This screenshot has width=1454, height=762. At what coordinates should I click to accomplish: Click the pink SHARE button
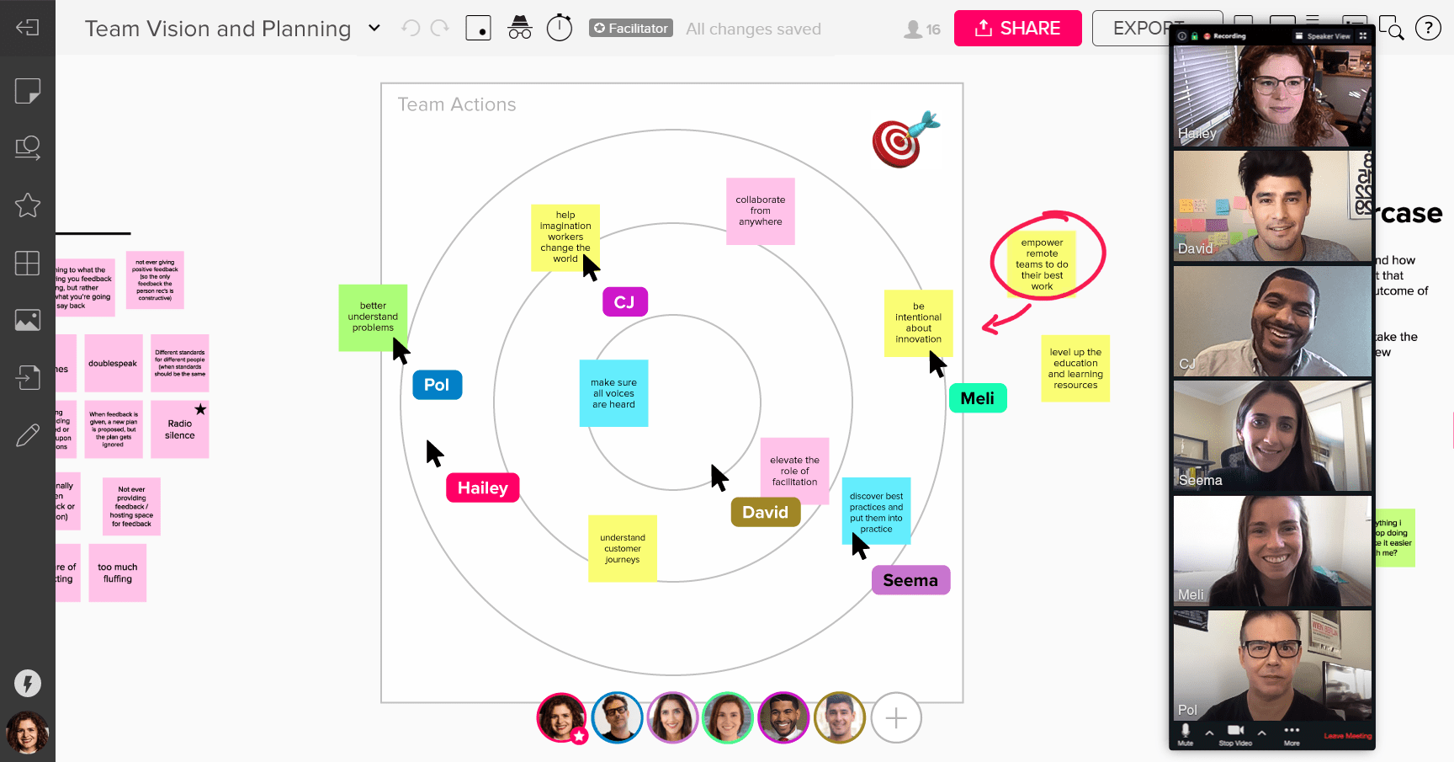point(1017,29)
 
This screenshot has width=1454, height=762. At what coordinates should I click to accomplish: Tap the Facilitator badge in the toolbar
point(630,29)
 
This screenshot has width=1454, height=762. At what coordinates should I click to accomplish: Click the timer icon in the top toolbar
point(560,28)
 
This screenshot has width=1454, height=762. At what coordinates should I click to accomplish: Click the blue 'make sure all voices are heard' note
point(613,393)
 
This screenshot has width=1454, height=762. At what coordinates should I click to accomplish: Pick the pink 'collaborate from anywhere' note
point(760,211)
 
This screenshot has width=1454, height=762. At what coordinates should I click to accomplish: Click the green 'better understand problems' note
point(373,317)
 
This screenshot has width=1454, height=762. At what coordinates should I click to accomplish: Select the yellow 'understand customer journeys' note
point(623,548)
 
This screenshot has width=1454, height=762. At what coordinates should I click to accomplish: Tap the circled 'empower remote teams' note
point(1042,264)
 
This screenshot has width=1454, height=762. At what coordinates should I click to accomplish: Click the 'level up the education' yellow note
point(1075,369)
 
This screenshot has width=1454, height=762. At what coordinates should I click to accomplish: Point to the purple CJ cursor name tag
point(624,302)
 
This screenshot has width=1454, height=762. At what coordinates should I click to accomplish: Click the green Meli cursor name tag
point(978,398)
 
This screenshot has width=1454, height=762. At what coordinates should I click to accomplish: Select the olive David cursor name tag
point(765,512)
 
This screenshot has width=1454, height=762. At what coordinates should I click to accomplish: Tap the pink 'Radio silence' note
point(180,429)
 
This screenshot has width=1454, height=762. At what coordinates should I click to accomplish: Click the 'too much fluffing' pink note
point(118,573)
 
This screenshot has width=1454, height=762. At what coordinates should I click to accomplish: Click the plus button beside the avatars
point(896,718)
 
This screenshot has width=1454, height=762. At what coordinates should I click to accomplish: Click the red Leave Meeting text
point(1347,736)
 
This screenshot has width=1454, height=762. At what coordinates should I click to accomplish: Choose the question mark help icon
point(1428,29)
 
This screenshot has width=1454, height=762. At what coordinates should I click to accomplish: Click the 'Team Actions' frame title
point(457,104)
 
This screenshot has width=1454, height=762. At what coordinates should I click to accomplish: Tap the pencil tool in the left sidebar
point(28,435)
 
